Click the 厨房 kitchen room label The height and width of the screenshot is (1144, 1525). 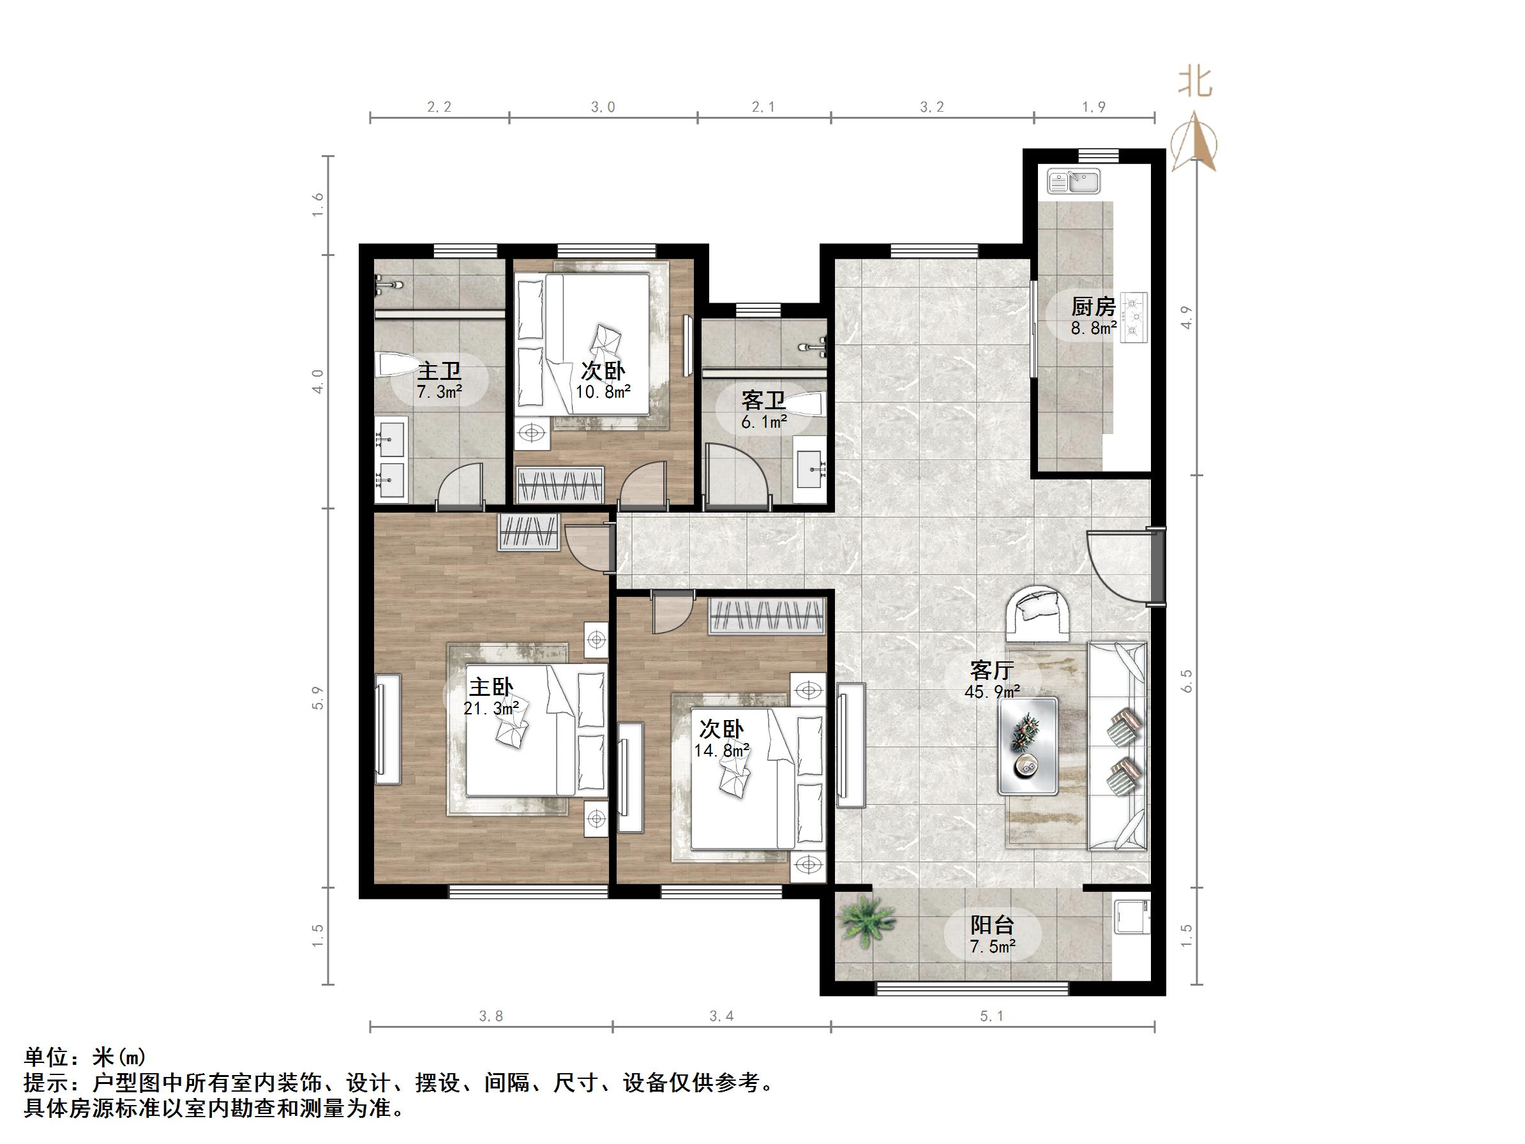point(1093,307)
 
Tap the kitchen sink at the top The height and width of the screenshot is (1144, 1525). point(1074,182)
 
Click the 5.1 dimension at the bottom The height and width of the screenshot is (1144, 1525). point(991,1016)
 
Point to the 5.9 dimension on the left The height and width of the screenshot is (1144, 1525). point(317,698)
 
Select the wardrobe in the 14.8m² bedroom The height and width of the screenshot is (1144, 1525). point(767,616)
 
